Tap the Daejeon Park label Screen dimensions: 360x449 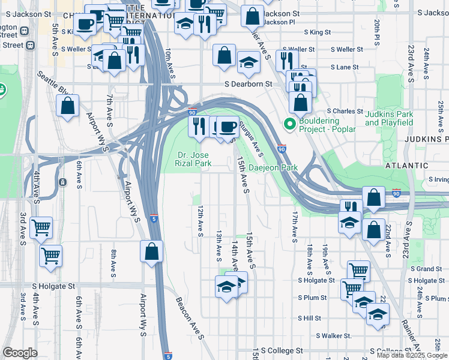coord(273,168)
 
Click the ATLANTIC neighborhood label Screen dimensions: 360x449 coord(408,166)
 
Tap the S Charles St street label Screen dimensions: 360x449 coord(345,112)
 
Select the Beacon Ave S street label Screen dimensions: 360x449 coord(190,317)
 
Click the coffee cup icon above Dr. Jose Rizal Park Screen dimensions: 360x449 coord(227,127)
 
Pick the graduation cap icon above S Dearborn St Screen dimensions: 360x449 coord(248,61)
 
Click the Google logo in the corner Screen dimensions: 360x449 coord(20,353)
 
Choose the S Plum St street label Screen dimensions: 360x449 coord(312,298)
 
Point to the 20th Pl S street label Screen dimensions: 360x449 coord(377,29)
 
